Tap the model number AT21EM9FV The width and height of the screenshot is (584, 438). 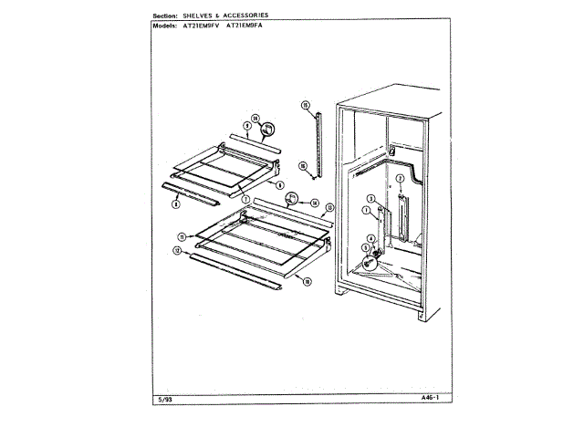(x=202, y=25)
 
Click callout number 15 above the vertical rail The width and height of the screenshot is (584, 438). (x=306, y=105)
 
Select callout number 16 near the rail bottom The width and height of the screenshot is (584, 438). (x=302, y=165)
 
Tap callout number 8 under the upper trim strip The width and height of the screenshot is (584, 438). (x=173, y=204)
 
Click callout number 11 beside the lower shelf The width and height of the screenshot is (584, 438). (x=182, y=236)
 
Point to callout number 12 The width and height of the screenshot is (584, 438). (x=176, y=249)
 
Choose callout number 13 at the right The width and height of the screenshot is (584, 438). (x=329, y=208)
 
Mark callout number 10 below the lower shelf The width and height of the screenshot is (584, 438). (x=308, y=282)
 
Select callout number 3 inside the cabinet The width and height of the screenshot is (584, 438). (x=371, y=199)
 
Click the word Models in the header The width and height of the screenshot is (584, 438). (x=164, y=25)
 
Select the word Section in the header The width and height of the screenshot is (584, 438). (x=164, y=16)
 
